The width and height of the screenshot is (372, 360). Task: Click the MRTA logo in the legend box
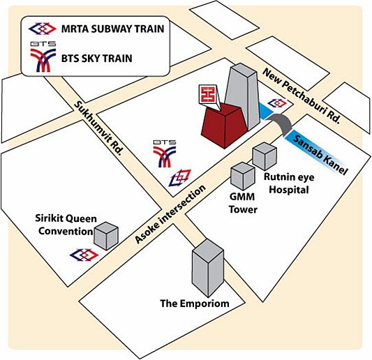coord(43,29)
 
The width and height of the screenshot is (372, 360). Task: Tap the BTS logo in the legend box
coord(43,57)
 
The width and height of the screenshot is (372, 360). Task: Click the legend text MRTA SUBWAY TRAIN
coord(112,29)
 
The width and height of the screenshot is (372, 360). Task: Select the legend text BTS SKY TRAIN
coord(97,59)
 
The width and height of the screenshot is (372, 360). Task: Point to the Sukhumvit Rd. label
coord(99,128)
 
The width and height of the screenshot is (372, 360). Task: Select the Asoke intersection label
coord(170,214)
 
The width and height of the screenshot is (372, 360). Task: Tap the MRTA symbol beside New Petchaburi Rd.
coord(277,103)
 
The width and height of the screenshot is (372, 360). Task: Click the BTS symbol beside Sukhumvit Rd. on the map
coord(165,153)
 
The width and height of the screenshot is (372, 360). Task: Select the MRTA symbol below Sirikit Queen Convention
coord(84,255)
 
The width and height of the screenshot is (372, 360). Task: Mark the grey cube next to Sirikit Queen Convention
coord(106,236)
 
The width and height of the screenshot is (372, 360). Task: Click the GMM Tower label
coord(243,203)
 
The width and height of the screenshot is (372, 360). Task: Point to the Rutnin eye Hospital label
coord(289,183)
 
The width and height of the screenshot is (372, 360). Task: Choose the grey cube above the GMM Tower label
coord(243,177)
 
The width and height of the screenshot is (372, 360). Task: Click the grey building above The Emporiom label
coord(208,268)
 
